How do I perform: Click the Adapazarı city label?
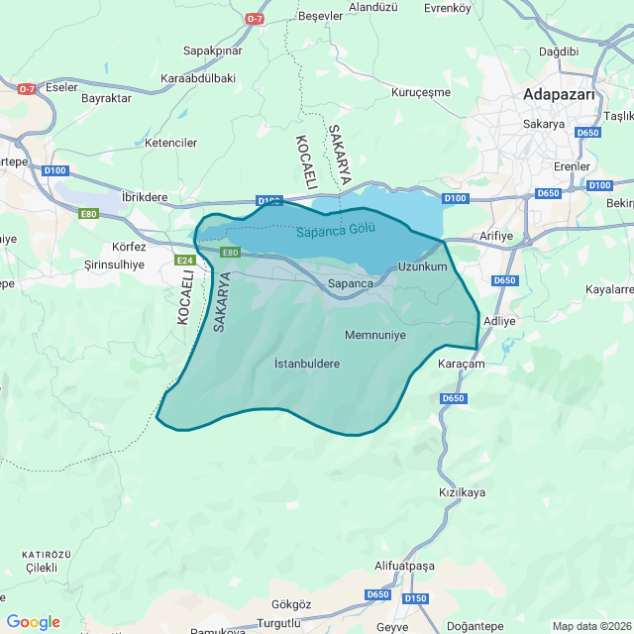click(559, 95)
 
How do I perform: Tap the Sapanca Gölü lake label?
click(336, 231)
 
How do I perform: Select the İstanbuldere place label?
click(306, 364)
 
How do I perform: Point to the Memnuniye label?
click(375, 335)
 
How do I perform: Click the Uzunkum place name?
click(422, 267)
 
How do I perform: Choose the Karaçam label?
click(461, 365)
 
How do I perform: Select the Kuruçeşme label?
click(421, 92)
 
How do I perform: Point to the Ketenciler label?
click(171, 143)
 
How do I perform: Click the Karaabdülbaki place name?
click(198, 77)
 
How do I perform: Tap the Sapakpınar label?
click(213, 50)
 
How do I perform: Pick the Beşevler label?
click(320, 17)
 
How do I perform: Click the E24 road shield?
click(184, 261)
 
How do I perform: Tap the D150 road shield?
click(416, 597)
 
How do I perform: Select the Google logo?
click(33, 622)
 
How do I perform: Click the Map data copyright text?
click(591, 626)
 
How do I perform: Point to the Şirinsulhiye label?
click(114, 264)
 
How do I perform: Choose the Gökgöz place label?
click(291, 604)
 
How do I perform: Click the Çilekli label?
click(42, 568)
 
